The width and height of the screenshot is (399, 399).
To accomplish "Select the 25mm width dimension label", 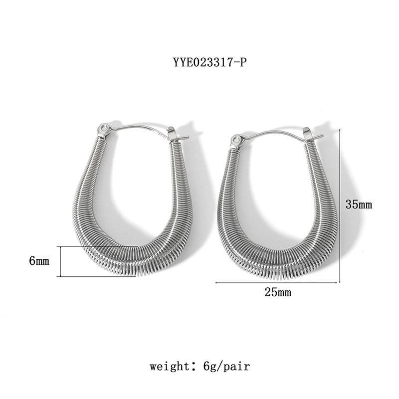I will [x=278, y=293].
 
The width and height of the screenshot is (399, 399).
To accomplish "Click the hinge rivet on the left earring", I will [x=104, y=130].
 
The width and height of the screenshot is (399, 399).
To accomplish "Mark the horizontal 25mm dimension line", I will [x=277, y=283].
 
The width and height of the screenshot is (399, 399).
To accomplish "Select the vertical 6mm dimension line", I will [x=60, y=261].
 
